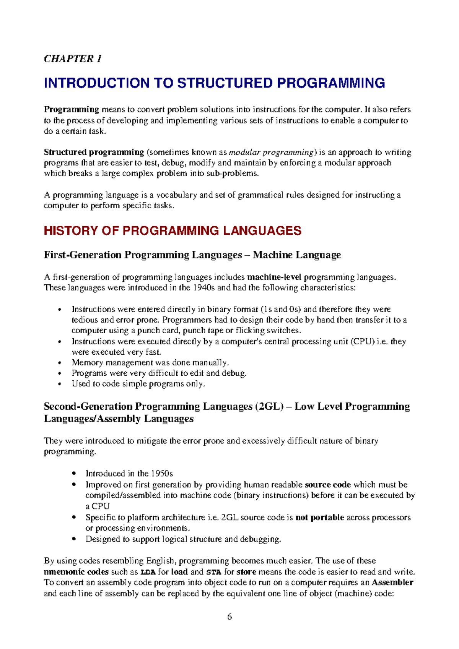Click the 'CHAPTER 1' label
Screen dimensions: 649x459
point(73,59)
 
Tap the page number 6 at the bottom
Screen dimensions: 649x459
point(229,617)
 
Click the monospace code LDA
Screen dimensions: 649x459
point(148,572)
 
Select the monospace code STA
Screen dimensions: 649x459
point(214,572)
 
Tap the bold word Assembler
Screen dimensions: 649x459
point(392,583)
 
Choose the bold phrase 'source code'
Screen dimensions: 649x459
point(328,485)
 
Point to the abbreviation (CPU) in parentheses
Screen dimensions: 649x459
point(363,342)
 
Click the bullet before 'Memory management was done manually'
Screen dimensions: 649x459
point(59,363)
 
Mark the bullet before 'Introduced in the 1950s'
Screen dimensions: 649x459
point(74,474)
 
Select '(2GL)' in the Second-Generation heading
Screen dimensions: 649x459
point(269,407)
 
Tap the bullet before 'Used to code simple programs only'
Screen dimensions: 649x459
point(59,384)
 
